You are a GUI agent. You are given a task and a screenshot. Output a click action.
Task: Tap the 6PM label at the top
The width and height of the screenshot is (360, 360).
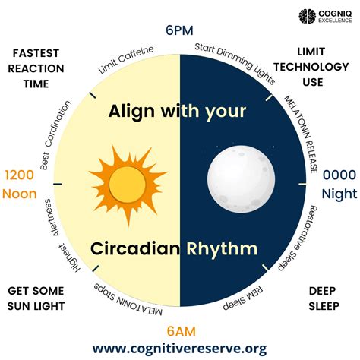[x=179, y=31]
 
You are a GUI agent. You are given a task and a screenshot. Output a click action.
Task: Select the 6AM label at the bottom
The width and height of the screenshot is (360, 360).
[x=179, y=331]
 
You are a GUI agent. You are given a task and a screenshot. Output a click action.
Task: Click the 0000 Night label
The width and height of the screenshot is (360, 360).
[x=338, y=184]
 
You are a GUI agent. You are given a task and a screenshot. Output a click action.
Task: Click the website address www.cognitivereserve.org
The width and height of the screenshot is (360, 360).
[x=179, y=349]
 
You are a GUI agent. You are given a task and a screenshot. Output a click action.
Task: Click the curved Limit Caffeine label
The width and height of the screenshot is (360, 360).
[x=126, y=60]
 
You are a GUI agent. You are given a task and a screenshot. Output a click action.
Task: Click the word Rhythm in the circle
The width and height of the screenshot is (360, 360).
[x=225, y=248]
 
